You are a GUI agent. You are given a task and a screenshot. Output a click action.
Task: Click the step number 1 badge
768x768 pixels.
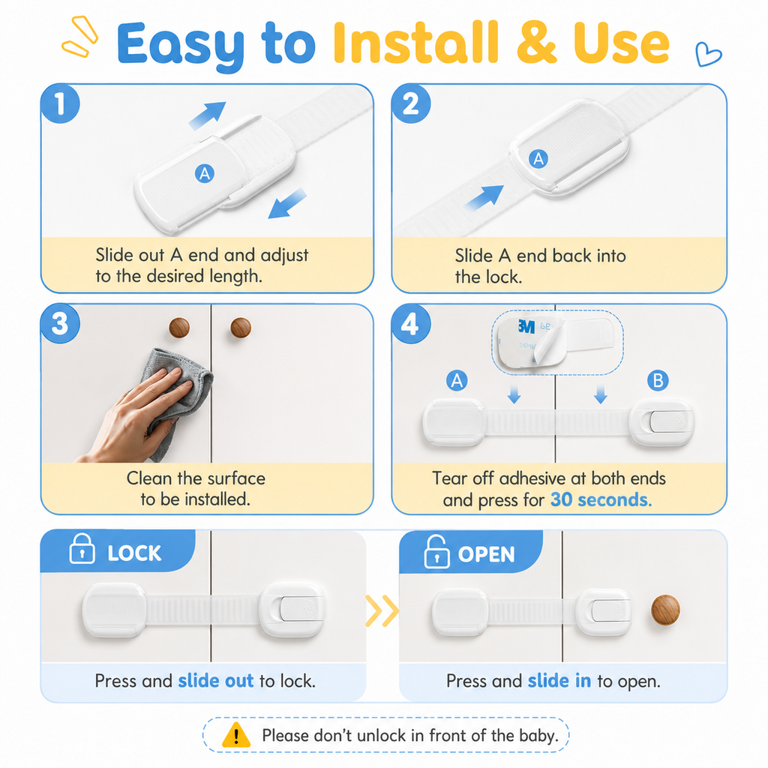(60, 103)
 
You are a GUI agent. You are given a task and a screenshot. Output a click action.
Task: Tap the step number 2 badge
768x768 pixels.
(411, 103)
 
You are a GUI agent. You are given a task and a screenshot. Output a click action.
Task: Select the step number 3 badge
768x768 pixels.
(60, 324)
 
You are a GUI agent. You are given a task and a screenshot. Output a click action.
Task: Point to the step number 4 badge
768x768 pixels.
(411, 324)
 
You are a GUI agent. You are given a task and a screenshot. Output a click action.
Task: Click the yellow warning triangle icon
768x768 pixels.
(236, 735)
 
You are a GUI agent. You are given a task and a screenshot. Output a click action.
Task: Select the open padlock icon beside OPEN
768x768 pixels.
(436, 551)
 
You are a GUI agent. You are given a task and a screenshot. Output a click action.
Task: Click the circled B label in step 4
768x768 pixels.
(658, 380)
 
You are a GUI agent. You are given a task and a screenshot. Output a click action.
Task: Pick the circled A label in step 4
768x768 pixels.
(457, 380)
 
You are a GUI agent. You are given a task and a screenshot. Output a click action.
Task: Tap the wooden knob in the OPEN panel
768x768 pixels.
(665, 609)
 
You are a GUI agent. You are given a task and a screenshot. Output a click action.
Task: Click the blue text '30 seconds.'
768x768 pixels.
(601, 499)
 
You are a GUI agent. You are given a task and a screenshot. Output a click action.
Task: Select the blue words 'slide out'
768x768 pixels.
(215, 680)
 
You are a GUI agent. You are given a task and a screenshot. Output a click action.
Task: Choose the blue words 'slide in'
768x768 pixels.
(559, 680)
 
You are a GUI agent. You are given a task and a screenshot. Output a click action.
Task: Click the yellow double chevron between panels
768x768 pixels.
(382, 610)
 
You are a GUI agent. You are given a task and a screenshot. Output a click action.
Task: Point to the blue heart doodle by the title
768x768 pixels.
(708, 54)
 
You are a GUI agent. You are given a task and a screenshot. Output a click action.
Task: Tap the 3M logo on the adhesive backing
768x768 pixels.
(526, 326)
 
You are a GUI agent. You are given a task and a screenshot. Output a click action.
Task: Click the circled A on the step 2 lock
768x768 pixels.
(538, 159)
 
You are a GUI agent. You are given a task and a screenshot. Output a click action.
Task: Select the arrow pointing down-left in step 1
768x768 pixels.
(287, 203)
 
